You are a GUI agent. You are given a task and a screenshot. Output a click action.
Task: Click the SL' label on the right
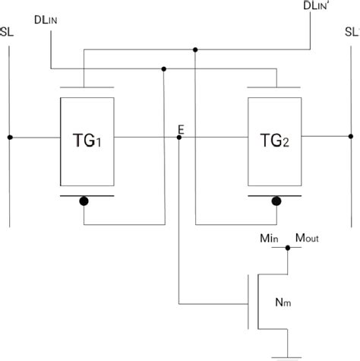pyautogui.click(x=351, y=34)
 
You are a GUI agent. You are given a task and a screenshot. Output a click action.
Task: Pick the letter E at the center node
pyautogui.click(x=180, y=130)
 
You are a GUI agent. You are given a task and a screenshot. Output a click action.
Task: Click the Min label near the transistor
pyautogui.click(x=270, y=239)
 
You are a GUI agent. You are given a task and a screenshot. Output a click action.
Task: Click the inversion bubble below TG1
pyautogui.click(x=85, y=201)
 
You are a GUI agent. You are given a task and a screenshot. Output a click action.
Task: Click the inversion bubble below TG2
pyautogui.click(x=276, y=201)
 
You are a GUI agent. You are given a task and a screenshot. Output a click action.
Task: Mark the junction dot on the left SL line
pyautogui.click(x=10, y=138)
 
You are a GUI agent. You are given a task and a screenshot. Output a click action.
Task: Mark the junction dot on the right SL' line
pyautogui.click(x=349, y=138)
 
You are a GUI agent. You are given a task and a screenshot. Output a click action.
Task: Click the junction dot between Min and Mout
pyautogui.click(x=288, y=247)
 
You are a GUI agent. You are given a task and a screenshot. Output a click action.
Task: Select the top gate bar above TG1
pyautogui.click(x=87, y=85)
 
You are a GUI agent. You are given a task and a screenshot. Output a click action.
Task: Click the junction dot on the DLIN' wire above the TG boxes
pyautogui.click(x=196, y=50)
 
